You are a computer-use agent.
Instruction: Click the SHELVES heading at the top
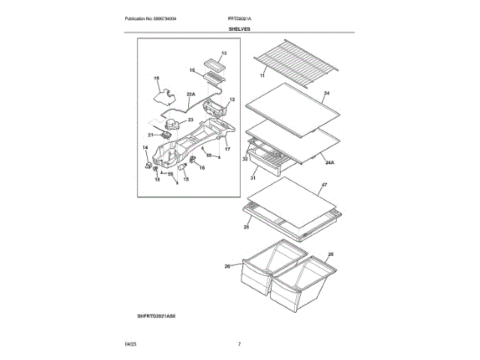[x=240, y=28]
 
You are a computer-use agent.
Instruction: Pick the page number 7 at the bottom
[x=238, y=344]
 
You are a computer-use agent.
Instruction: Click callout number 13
[x=223, y=54]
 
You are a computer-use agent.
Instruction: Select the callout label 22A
[x=190, y=94]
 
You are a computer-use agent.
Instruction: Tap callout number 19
[x=157, y=78]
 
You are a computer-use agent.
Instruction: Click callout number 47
[x=325, y=184]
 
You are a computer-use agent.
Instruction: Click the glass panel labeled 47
[x=289, y=198]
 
